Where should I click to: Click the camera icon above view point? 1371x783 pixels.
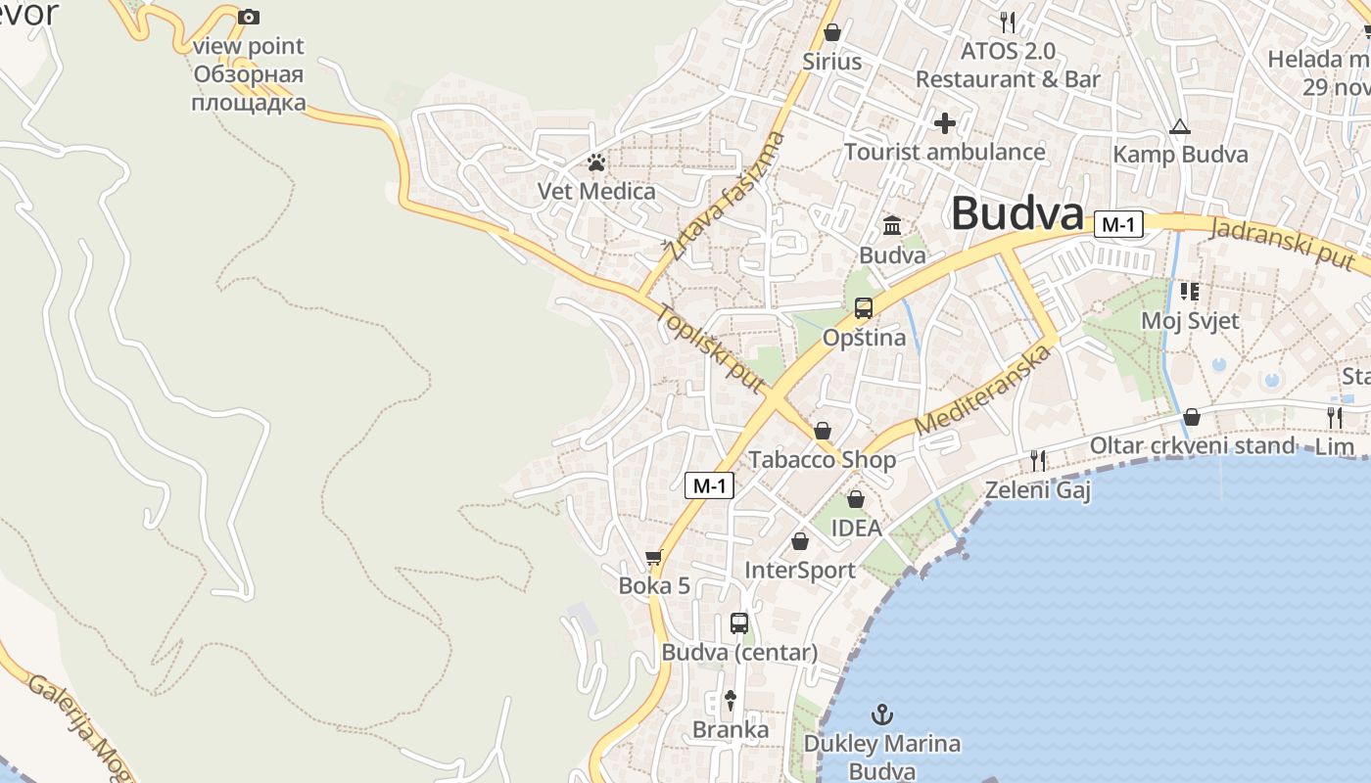pos(249,17)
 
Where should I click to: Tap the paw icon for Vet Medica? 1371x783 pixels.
pos(596,161)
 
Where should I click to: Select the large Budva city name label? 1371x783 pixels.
pos(1017,213)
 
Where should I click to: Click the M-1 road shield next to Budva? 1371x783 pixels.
pos(1118,224)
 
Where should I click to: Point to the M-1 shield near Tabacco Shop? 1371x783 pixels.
pos(709,484)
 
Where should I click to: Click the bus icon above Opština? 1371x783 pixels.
pos(863,308)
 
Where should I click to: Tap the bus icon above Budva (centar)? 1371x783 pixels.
pos(739,623)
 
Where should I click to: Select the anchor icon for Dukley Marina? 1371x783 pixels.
pos(882,714)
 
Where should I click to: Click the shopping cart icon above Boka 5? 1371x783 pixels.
pos(654,558)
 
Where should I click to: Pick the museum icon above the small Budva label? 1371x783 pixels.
pos(892,226)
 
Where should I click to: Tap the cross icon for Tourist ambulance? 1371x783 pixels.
pos(945,123)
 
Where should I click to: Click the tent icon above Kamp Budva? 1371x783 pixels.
pos(1179,126)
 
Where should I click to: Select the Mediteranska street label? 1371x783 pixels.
pos(982,391)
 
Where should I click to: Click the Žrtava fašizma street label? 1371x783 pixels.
pos(726,196)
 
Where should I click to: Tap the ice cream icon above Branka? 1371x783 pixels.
pos(730,700)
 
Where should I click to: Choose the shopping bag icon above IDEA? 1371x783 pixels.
pos(856,499)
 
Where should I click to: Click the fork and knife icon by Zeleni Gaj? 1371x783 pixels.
pos(1038,460)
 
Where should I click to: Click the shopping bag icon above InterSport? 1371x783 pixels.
pos(800,541)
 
